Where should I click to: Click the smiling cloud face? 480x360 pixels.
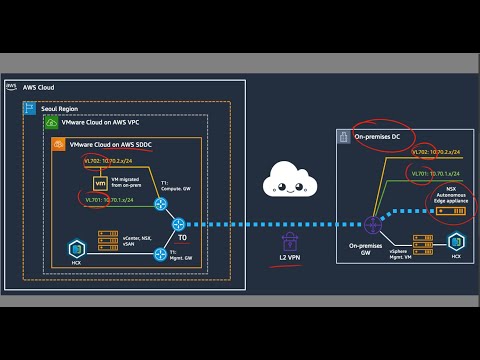point(289,184)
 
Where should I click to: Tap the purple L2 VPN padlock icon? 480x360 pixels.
point(290,241)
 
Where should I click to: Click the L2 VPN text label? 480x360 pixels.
point(290,260)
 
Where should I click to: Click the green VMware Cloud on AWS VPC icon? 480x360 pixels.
point(51,122)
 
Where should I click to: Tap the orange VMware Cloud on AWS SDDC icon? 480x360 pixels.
point(59,144)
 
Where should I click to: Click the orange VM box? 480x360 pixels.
point(99,184)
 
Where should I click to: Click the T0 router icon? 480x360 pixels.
point(179,224)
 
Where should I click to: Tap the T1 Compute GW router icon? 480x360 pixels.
point(160,204)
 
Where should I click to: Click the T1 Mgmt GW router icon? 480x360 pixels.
point(160,254)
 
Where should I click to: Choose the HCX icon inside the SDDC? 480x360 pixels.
point(74,246)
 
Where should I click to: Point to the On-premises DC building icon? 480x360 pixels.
point(343,134)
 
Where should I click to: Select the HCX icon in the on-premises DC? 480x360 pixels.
point(457,241)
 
